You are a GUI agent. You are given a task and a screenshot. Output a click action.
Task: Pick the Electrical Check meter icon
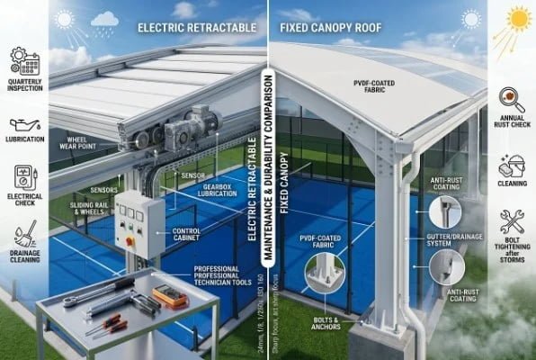(x=24, y=176)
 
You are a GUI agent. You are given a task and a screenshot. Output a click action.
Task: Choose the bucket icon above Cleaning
(x=512, y=166)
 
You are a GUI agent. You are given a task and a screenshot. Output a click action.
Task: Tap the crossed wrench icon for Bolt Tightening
(x=512, y=222)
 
